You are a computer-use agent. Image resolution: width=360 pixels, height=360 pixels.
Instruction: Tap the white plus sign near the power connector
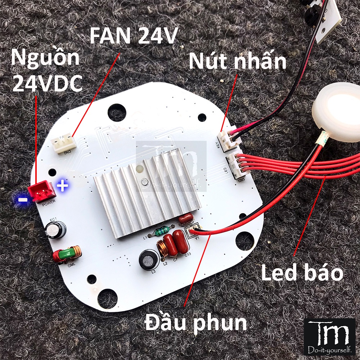click(x=63, y=186)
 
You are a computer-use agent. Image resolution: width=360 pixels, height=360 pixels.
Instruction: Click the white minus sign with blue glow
click(x=23, y=199)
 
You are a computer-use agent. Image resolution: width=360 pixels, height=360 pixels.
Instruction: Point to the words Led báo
click(x=302, y=274)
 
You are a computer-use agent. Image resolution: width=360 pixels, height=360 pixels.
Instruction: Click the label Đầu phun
click(x=196, y=323)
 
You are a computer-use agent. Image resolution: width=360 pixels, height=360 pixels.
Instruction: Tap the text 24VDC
click(x=47, y=84)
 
